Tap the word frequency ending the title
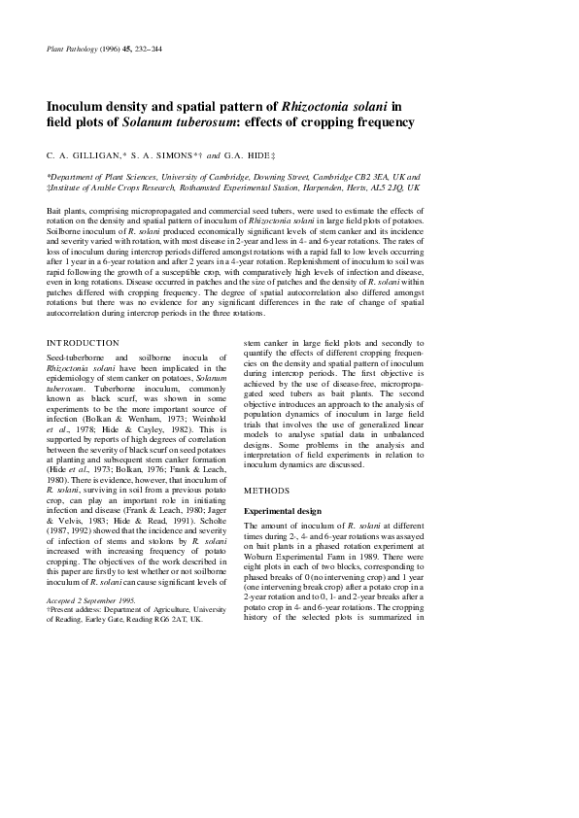380,122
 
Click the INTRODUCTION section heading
84,343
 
